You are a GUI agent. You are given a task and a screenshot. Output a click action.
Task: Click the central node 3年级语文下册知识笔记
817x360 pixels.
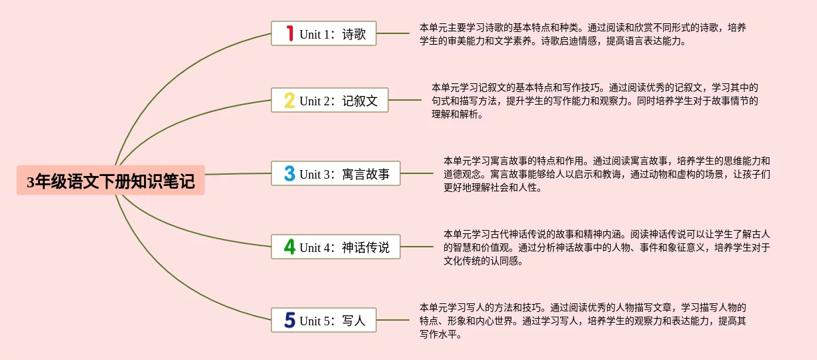click(111, 181)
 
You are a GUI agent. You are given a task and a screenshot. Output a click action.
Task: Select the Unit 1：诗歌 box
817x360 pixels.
click(323, 33)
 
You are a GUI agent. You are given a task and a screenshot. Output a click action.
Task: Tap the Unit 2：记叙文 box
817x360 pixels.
click(329, 101)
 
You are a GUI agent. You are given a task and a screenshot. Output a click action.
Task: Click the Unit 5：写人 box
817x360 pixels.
click(323, 320)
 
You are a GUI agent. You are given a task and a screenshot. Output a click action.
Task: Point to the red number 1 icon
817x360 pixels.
click(289, 33)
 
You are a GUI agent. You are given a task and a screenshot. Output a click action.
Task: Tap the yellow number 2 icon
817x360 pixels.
click(289, 101)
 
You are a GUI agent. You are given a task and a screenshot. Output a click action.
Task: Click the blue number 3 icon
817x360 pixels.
click(289, 174)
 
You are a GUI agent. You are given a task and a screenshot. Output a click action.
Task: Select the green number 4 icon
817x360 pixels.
click(289, 247)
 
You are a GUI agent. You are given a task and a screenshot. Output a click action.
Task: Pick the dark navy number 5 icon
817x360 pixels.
click(289, 320)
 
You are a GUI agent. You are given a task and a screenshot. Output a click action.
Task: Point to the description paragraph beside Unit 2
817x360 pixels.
click(594, 101)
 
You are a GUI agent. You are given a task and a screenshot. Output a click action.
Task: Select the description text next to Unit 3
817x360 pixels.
click(606, 174)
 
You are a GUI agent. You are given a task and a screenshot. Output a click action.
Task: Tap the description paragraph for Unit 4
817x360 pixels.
click(606, 247)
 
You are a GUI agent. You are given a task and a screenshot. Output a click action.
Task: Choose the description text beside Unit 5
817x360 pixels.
click(582, 320)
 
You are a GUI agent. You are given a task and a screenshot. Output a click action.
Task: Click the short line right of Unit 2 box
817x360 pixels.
click(404, 101)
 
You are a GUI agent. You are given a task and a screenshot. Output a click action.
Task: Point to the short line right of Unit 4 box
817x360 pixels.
click(416, 247)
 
